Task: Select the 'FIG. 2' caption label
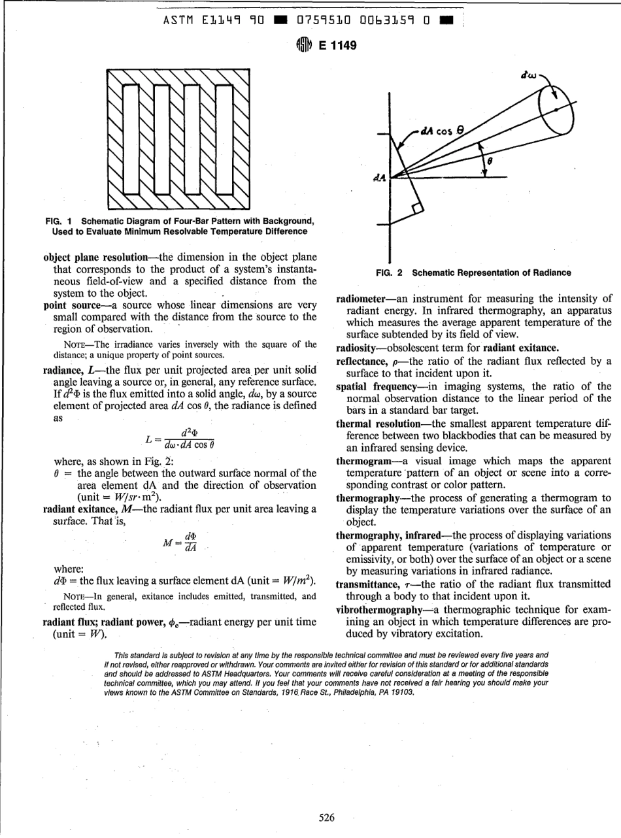(x=391, y=272)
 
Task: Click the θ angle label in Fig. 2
(x=488, y=158)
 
